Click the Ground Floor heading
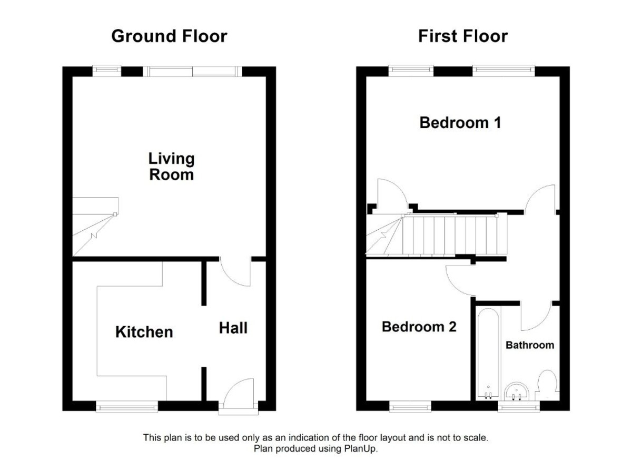pyautogui.click(x=169, y=36)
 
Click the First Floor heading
pyautogui.click(x=462, y=36)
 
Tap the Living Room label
pyautogui.click(x=171, y=167)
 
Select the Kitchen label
pyautogui.click(x=144, y=332)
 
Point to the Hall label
pyautogui.click(x=233, y=328)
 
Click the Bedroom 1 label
pyautogui.click(x=460, y=123)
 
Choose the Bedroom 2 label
pyautogui.click(x=419, y=327)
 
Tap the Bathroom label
pyautogui.click(x=530, y=345)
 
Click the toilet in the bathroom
pyautogui.click(x=546, y=384)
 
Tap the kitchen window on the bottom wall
pyautogui.click(x=127, y=406)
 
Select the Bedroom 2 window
pyautogui.click(x=410, y=406)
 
